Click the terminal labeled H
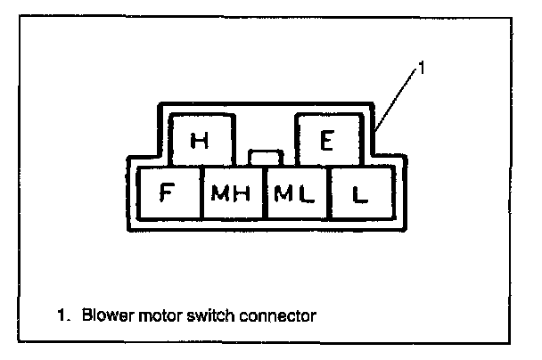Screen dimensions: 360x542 200,140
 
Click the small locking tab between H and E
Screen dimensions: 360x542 266,158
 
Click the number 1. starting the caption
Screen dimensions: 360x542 62,315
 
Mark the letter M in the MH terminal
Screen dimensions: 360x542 220,192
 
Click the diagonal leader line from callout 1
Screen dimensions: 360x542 398,97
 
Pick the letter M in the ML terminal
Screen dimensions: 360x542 285,192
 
